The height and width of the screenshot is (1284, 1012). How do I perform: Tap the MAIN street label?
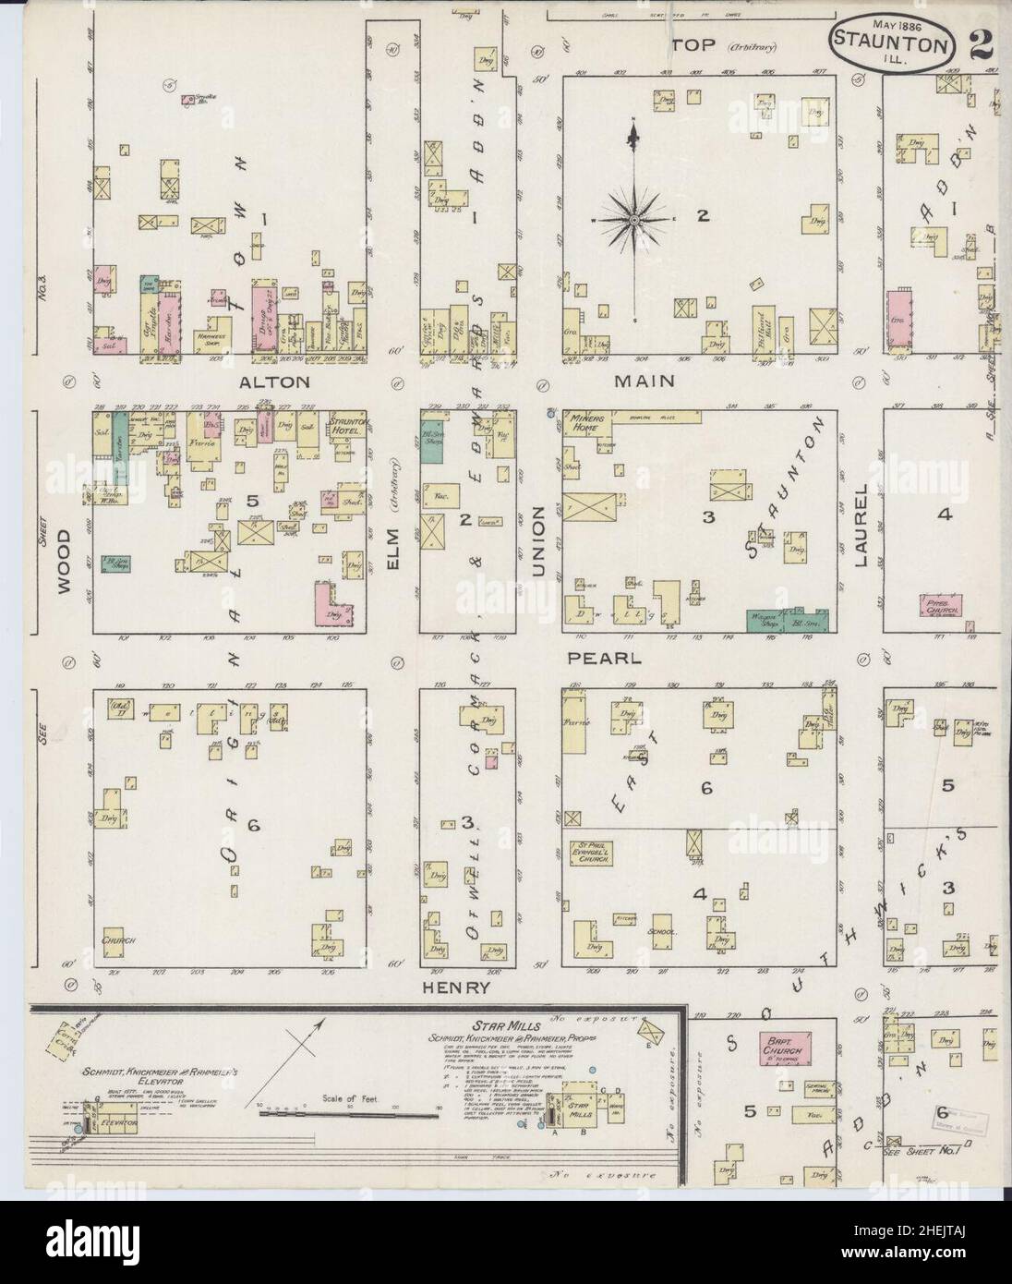tap(649, 381)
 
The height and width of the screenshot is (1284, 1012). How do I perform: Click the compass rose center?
tap(635, 220)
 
